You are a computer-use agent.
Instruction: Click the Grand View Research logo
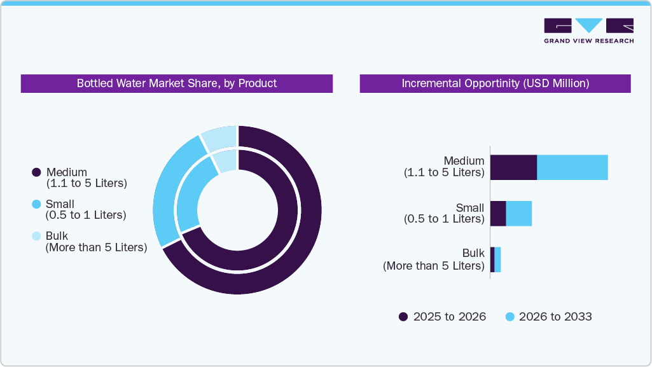click(x=588, y=30)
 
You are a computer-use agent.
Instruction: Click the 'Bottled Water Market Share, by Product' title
click(x=177, y=83)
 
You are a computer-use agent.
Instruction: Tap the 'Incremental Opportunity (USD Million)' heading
click(x=495, y=83)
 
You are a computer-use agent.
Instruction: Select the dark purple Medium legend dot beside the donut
click(x=36, y=172)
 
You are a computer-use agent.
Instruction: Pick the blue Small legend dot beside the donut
click(x=36, y=204)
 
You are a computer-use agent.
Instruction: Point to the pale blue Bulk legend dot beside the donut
click(x=36, y=236)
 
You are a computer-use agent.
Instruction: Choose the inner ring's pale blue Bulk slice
click(x=226, y=160)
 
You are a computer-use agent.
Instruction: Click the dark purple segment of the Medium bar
click(x=513, y=167)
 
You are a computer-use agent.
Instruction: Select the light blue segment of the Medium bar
click(x=572, y=167)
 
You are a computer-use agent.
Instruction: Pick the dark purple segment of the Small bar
click(x=497, y=214)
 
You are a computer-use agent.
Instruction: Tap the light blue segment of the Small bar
click(x=518, y=214)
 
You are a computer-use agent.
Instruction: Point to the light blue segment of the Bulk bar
click(x=497, y=260)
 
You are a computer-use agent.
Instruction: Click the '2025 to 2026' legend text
click(x=449, y=317)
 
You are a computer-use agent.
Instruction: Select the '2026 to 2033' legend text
click(x=555, y=317)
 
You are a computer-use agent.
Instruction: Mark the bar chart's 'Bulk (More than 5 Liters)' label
click(x=434, y=260)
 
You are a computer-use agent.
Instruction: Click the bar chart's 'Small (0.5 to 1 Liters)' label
click(x=444, y=213)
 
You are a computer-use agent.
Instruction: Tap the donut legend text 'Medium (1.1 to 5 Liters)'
click(x=87, y=177)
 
